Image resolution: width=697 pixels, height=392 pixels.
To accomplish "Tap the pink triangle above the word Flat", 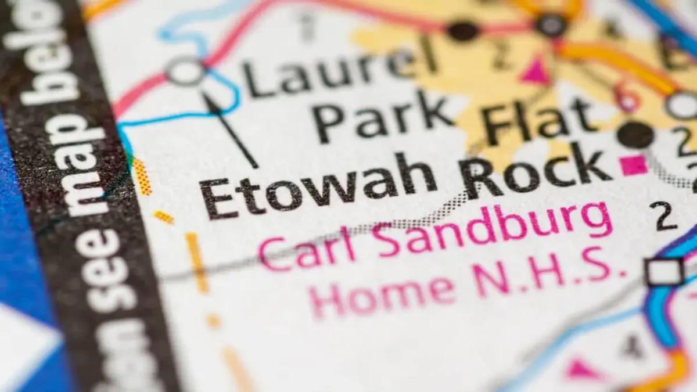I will click(x=535, y=71).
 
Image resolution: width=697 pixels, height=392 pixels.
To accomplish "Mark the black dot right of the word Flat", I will click(x=635, y=135).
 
